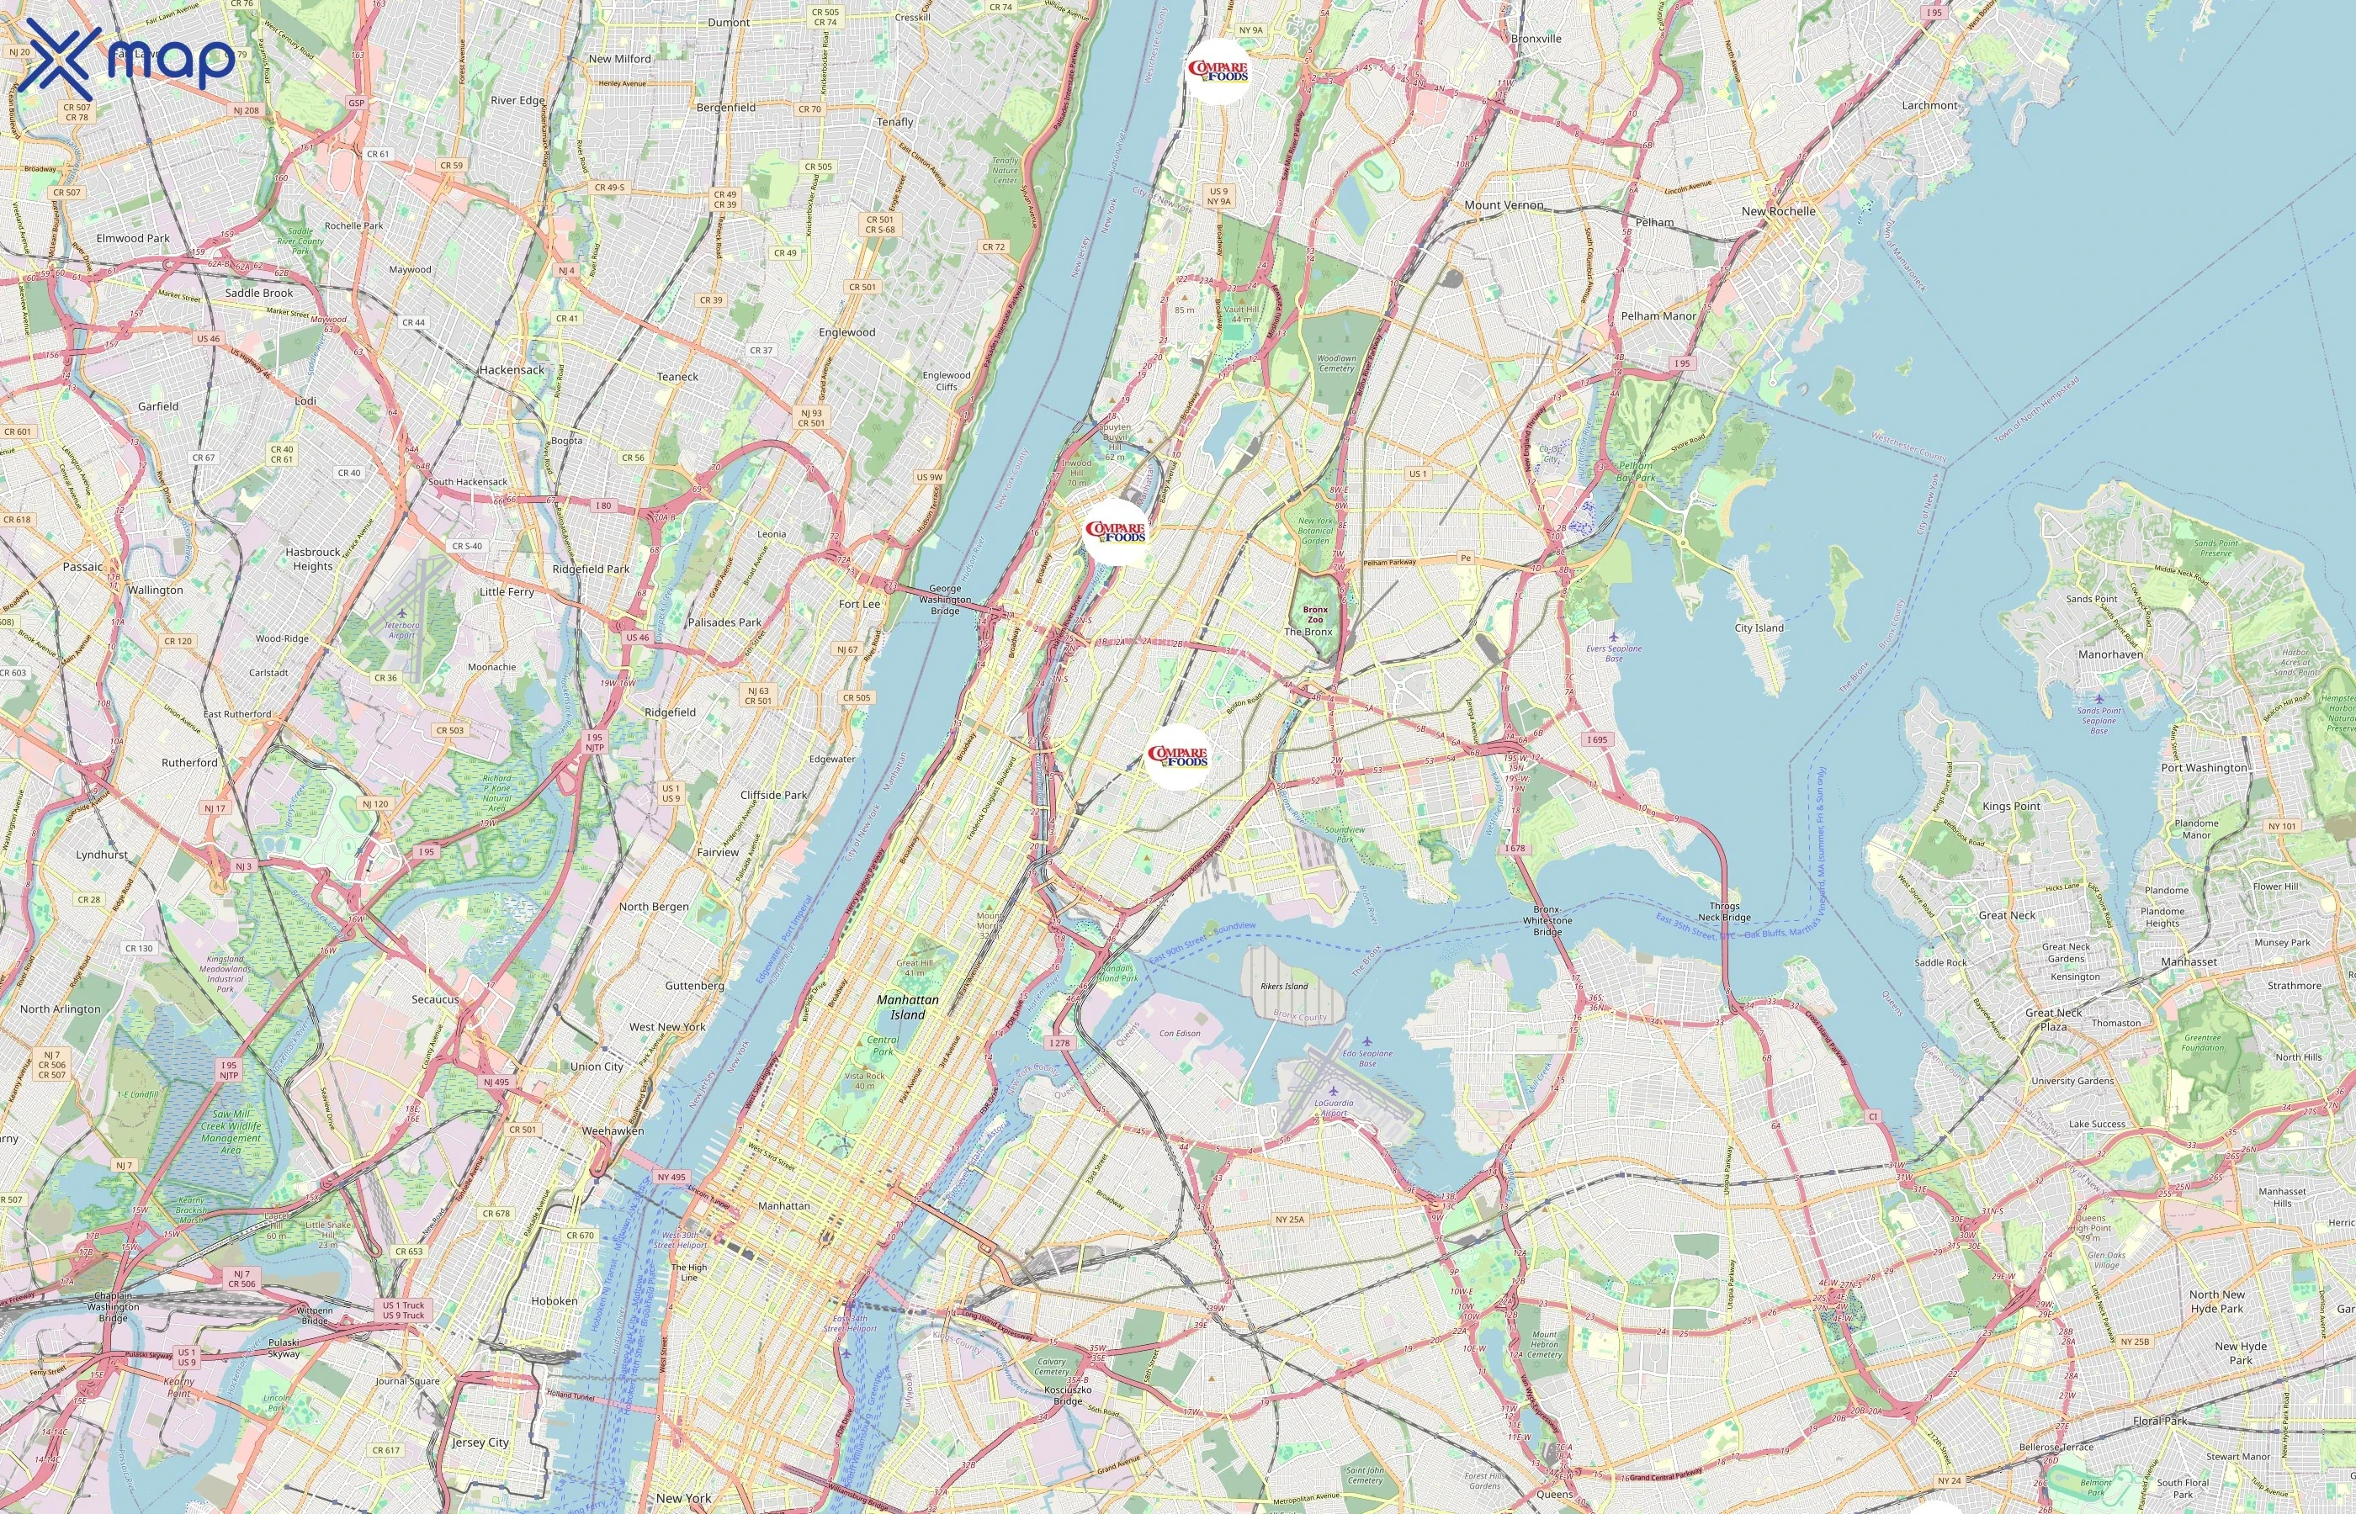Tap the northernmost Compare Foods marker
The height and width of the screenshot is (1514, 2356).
[1218, 71]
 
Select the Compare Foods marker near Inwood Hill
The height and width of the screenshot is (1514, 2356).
[1115, 532]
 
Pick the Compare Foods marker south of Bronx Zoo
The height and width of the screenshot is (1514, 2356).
[1177, 757]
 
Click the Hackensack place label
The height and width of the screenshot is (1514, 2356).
[512, 369]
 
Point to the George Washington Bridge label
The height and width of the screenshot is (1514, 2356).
[945, 600]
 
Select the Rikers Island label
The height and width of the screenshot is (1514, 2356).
[1284, 985]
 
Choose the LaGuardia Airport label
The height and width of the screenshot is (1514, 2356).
[1334, 1107]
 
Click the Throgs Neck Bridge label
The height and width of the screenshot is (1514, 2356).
[1724, 912]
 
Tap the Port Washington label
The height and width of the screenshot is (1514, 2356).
[2204, 768]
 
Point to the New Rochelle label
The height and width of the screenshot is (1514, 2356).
[1778, 211]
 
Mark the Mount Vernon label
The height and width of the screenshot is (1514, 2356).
[1504, 205]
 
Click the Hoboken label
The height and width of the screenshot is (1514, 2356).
[555, 1300]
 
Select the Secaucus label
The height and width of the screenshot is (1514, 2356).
[435, 999]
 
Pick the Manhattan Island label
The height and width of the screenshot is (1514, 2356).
[908, 1007]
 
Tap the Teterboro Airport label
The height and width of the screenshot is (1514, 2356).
[401, 629]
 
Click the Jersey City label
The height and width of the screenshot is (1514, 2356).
[480, 1443]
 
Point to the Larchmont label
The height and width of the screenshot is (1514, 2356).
[1929, 105]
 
